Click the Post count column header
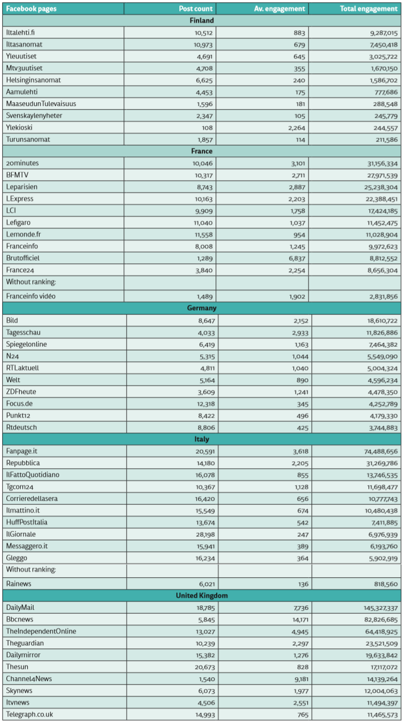click(x=196, y=9)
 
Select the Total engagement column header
click(x=368, y=9)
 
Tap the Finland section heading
click(x=202, y=20)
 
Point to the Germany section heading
click(x=202, y=308)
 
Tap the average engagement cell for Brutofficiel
click(x=295, y=258)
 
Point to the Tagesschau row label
click(x=23, y=333)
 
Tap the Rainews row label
click(x=19, y=584)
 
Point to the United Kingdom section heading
click(x=202, y=595)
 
